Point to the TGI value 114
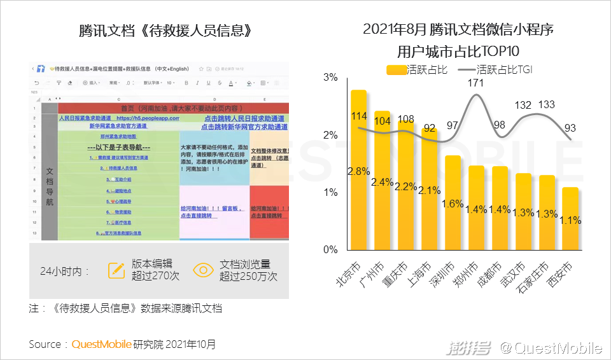(360, 116)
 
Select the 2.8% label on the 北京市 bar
(358, 171)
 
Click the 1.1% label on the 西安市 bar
(571, 220)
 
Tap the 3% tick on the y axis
(331, 78)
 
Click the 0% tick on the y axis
(331, 249)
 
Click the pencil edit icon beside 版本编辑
(116, 270)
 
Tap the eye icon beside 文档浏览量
(204, 270)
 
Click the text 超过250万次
(248, 277)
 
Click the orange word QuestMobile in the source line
(101, 344)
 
